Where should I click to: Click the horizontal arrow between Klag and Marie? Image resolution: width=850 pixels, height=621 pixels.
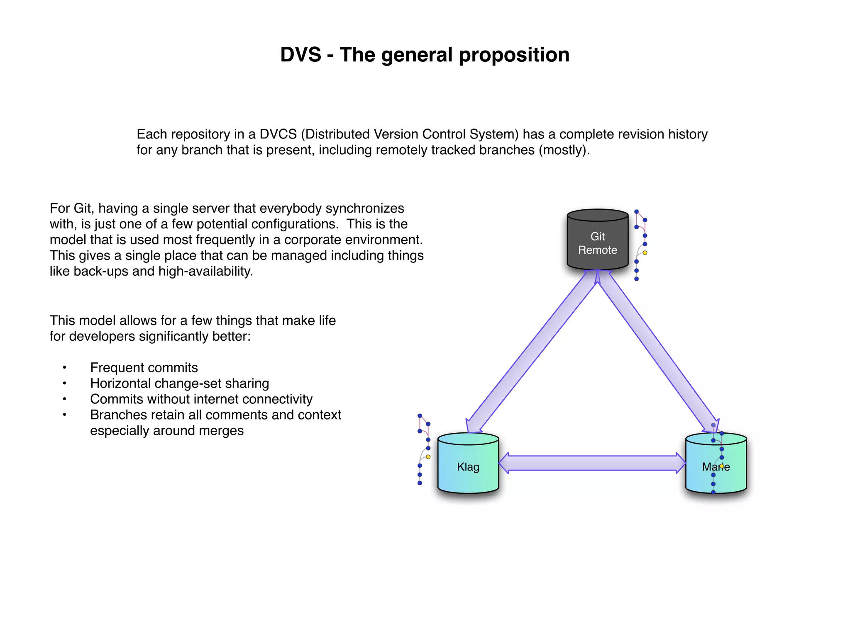pyautogui.click(x=591, y=463)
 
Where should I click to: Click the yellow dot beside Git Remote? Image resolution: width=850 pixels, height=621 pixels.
pyautogui.click(x=645, y=252)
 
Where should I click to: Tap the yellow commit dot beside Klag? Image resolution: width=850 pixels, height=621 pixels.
pyautogui.click(x=428, y=457)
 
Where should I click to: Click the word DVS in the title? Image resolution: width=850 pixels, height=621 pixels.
pyautogui.click(x=300, y=55)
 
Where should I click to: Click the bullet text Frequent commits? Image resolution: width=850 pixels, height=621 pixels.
pyautogui.click(x=144, y=368)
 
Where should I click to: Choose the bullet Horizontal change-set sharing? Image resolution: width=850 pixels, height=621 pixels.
pyautogui.click(x=179, y=383)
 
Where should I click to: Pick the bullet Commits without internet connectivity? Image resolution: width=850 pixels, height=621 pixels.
pyautogui.click(x=201, y=399)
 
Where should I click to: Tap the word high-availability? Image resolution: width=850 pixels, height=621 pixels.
pyautogui.click(x=205, y=272)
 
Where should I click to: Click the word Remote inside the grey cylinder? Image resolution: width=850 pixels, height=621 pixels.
pyautogui.click(x=597, y=250)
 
